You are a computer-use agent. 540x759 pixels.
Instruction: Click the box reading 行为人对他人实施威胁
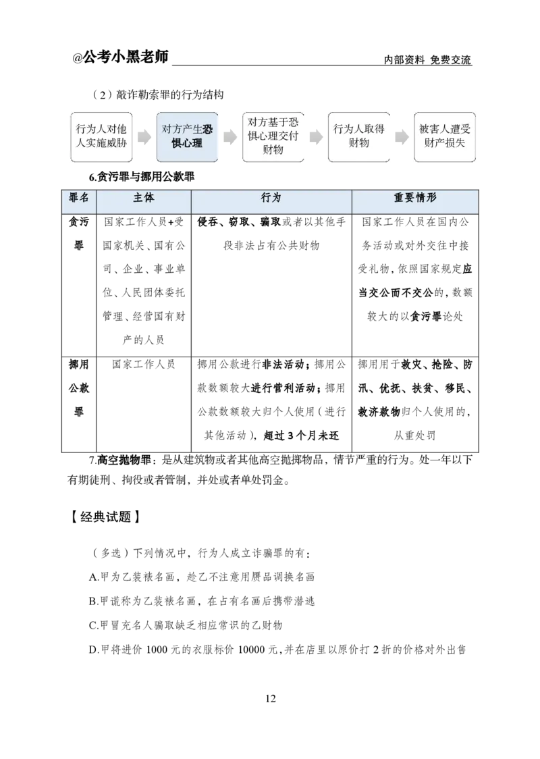pyautogui.click(x=101, y=137)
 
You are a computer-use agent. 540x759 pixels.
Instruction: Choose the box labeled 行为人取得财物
pyautogui.click(x=359, y=137)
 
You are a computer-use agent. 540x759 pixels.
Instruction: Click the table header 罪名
pyautogui.click(x=79, y=199)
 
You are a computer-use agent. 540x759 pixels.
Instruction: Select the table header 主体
pyautogui.click(x=144, y=199)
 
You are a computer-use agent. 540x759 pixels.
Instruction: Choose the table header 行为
pyautogui.click(x=271, y=199)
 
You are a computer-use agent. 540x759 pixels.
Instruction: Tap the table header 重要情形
pyautogui.click(x=414, y=199)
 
